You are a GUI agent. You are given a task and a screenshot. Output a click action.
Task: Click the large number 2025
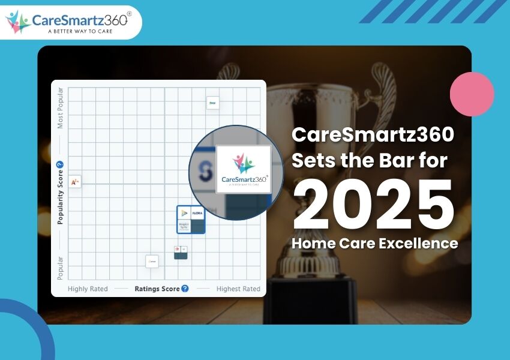pos(376,205)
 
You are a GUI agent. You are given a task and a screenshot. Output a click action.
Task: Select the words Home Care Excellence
pos(374,244)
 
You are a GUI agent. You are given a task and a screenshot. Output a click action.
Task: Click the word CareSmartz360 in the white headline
pos(373,136)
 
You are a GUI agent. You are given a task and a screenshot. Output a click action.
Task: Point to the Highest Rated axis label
pos(238,289)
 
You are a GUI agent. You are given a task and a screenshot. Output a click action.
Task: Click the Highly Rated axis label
pos(88,289)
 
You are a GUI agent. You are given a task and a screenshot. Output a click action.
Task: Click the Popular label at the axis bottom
pos(60,268)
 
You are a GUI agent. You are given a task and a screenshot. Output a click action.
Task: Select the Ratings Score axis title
pos(157,289)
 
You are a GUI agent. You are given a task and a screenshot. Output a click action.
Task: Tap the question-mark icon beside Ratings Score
pos(185,289)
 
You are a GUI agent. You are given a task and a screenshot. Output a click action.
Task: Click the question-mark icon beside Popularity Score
pos(60,165)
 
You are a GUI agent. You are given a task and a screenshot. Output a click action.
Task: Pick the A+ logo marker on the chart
pos(75,181)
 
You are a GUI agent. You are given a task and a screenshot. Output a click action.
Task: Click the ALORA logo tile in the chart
pos(198,213)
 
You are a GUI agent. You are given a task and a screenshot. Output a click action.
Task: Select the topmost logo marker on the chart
pos(212,103)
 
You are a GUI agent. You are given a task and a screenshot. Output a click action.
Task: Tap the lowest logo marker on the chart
pos(152,261)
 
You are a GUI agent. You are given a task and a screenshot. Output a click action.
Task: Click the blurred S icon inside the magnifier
pos(206,173)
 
